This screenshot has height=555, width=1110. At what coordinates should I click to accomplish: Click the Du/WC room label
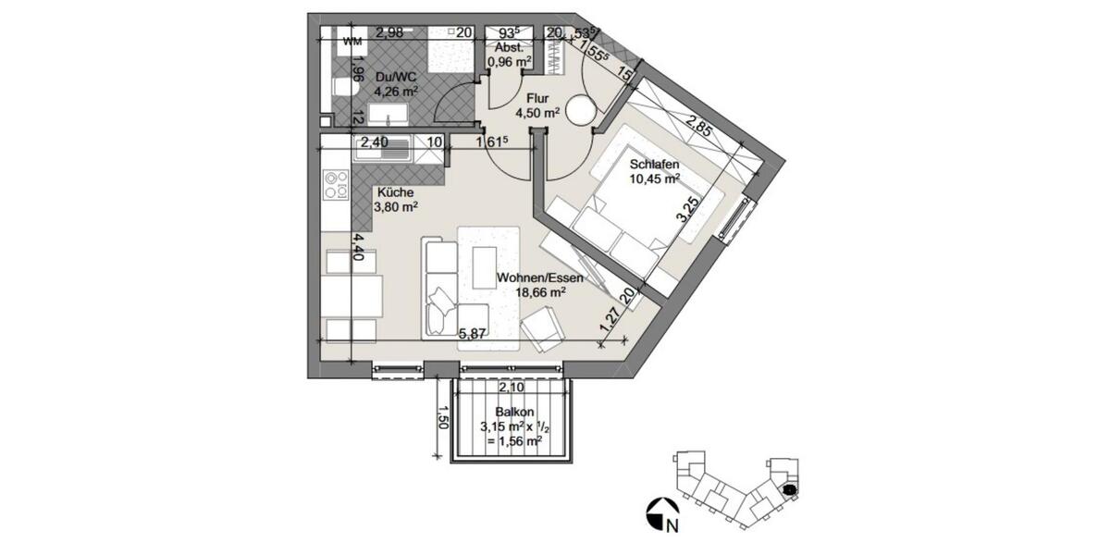[396, 77]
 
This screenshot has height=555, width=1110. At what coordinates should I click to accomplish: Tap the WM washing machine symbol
[352, 42]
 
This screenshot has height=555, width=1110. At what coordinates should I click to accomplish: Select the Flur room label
[538, 99]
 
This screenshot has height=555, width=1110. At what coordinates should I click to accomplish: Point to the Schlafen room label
[654, 165]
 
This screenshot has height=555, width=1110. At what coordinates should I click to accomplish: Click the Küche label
[394, 193]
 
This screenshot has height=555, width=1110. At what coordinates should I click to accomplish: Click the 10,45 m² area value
[654, 179]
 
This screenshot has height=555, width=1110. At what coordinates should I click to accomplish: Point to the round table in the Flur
[582, 111]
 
